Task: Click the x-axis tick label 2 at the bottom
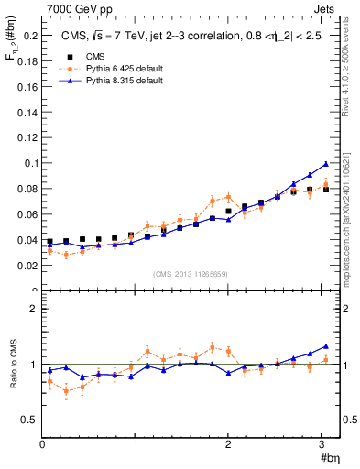click(x=228, y=444)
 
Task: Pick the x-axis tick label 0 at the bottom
click(x=42, y=444)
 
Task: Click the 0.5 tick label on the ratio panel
click(x=27, y=420)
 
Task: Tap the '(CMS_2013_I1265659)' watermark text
click(x=191, y=274)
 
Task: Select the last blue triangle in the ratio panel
click(x=325, y=346)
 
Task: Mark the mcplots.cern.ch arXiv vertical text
click(x=352, y=211)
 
